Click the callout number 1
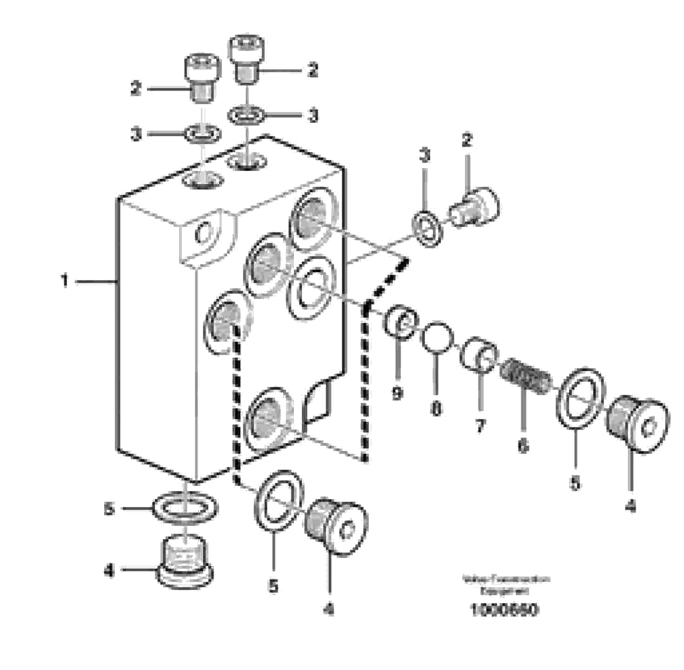pyautogui.click(x=65, y=281)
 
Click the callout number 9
pyautogui.click(x=397, y=393)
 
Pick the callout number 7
pyautogui.click(x=479, y=425)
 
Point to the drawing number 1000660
pyautogui.click(x=504, y=609)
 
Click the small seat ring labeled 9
pyautogui.click(x=400, y=322)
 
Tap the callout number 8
pyautogui.click(x=436, y=409)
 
